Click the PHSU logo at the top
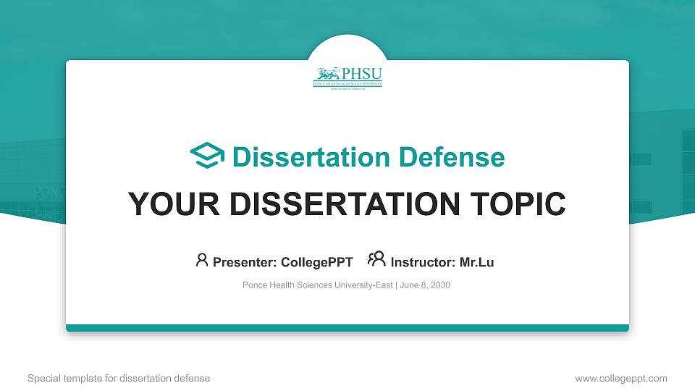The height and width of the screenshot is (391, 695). click(347, 77)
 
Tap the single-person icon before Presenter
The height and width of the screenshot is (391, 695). click(202, 260)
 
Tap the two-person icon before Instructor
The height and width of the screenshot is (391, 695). click(376, 259)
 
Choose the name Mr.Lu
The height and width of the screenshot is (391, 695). click(476, 262)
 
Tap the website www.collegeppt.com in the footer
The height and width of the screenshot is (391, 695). click(621, 378)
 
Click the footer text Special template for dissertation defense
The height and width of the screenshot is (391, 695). click(119, 378)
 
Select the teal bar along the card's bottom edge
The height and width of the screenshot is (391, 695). click(347, 328)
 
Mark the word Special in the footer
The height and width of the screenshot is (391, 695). click(43, 378)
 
